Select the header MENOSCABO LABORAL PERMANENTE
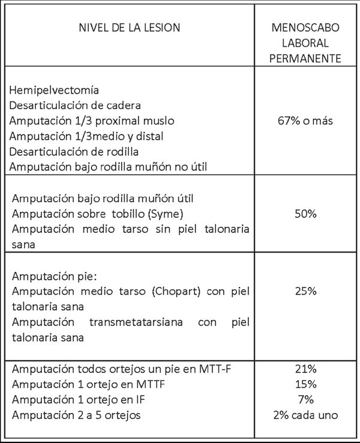tap(306, 44)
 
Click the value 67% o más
tap(306, 120)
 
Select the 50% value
tap(306, 214)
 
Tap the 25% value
tap(306, 291)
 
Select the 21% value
tap(306, 369)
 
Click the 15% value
tap(306, 384)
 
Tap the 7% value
tap(306, 399)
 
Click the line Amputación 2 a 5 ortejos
tap(79, 414)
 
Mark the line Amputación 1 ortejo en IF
tap(80, 399)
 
